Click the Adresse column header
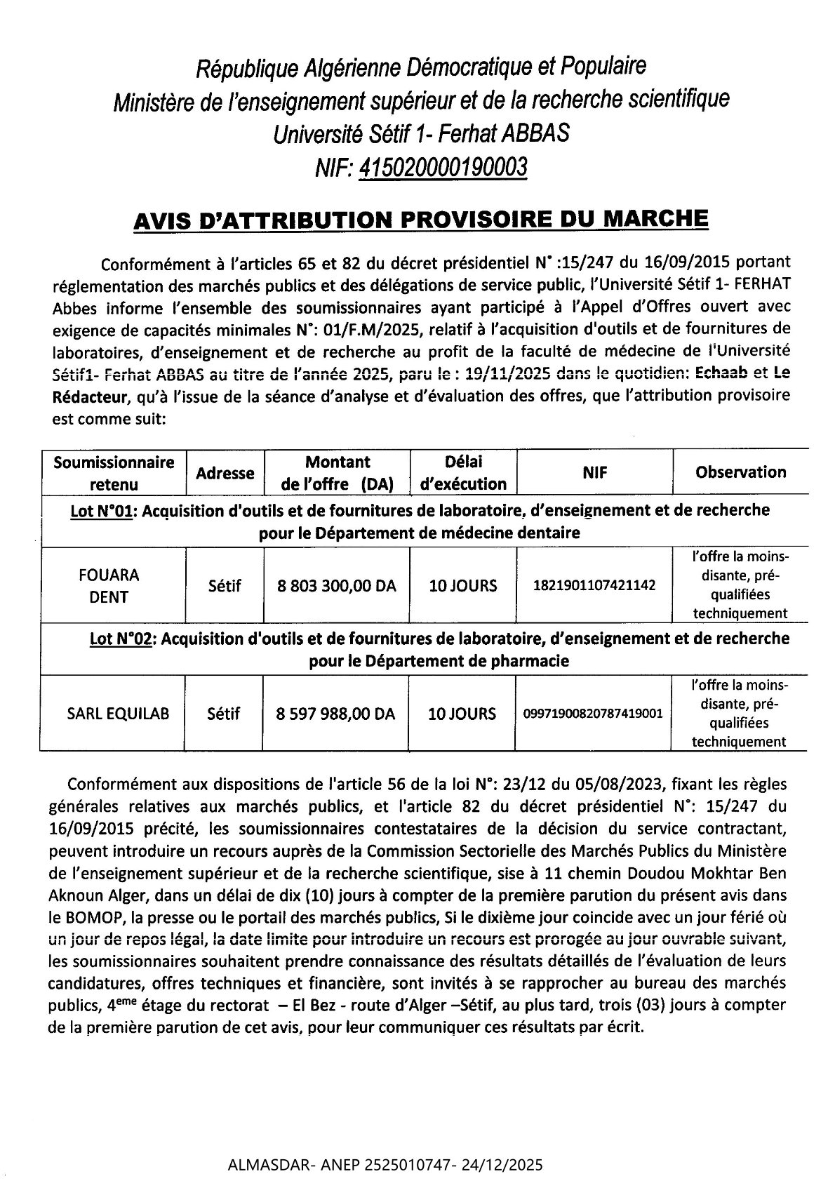click(225, 473)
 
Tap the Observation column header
click(740, 472)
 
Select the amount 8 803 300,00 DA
click(336, 585)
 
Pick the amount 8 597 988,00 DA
click(336, 714)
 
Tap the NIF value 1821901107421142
click(595, 585)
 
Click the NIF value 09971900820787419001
click(593, 714)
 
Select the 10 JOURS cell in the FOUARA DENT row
click(462, 585)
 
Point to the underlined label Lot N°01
click(105, 510)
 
